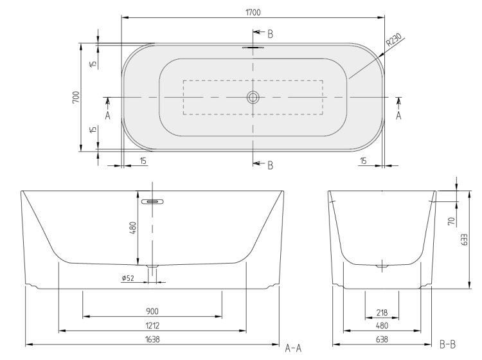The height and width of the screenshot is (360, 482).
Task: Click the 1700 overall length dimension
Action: pos(253,12)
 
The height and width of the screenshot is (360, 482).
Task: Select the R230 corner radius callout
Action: pos(394,40)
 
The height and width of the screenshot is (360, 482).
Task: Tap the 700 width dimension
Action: pos(76,97)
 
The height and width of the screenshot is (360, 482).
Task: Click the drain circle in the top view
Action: pos(253,98)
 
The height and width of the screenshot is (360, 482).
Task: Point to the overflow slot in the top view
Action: pos(253,48)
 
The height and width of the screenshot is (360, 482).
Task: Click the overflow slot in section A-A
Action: pos(152,202)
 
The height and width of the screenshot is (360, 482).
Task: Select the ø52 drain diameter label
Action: pos(128,278)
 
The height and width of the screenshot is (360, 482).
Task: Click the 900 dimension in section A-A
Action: pos(152,311)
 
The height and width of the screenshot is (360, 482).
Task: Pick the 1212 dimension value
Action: pos(152,325)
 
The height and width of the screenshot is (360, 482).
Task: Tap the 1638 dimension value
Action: pos(152,339)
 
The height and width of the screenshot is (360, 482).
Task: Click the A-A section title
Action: pos(293,348)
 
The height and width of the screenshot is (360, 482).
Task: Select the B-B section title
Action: pos(447,344)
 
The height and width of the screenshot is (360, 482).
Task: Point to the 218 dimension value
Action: pos(382,312)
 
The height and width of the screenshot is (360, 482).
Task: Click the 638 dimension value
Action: pos(382,339)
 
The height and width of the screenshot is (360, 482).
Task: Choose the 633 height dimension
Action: pos(464,240)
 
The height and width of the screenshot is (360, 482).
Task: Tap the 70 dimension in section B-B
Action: pos(451,221)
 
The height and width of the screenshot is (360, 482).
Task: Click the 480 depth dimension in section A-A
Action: pos(133,228)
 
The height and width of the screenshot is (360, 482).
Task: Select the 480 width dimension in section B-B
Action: pos(382,325)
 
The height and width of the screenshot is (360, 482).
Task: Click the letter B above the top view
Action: pos(270,34)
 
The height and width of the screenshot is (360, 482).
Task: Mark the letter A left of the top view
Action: pos(107,116)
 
